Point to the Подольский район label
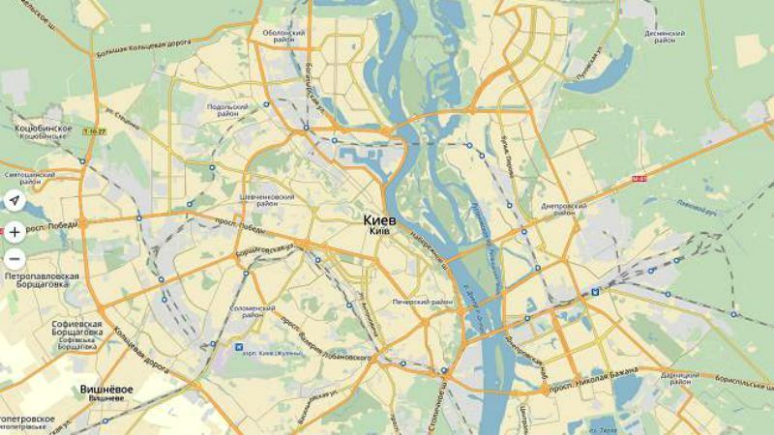pos(227,110)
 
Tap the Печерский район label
pos(423,303)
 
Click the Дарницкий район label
pos(680,377)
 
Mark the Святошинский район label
pos(29,178)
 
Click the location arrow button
pos(15,201)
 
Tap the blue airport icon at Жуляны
pos(238,346)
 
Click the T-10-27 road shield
pos(94,131)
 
